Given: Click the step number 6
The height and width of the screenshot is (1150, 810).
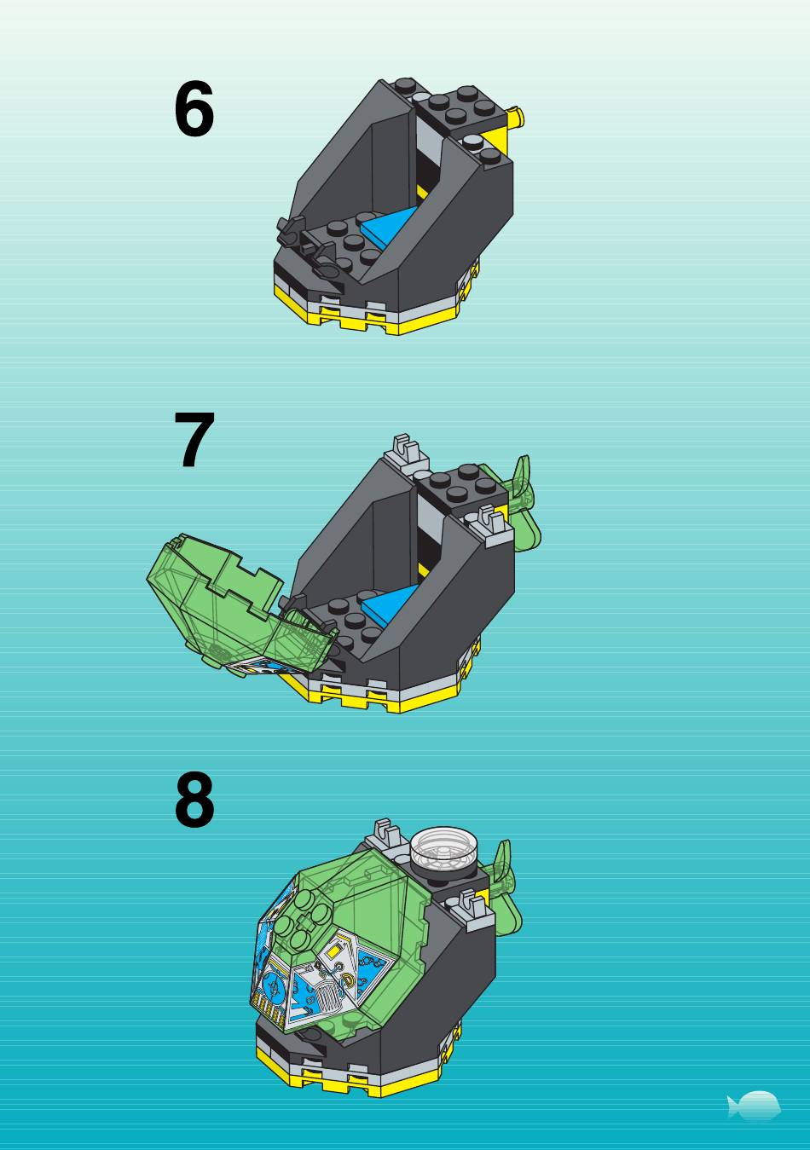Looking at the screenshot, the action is pyautogui.click(x=194, y=109).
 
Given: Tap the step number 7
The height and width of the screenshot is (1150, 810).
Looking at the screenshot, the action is pyautogui.click(x=194, y=440).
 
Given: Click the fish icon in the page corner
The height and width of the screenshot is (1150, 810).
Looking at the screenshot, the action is pyautogui.click(x=754, y=1106).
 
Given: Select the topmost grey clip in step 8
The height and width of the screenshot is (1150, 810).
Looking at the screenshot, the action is pyautogui.click(x=388, y=835).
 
